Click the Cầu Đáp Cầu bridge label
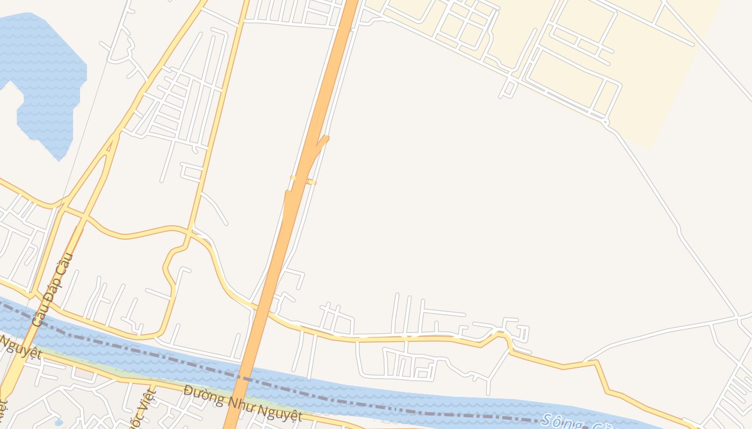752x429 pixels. (52, 289)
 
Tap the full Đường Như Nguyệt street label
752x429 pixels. (242, 403)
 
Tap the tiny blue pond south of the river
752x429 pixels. (59, 423)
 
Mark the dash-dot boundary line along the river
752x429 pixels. (322, 397)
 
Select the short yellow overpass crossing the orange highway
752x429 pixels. (302, 180)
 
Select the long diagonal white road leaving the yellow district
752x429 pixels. (671, 214)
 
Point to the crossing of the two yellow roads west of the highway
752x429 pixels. (190, 231)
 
